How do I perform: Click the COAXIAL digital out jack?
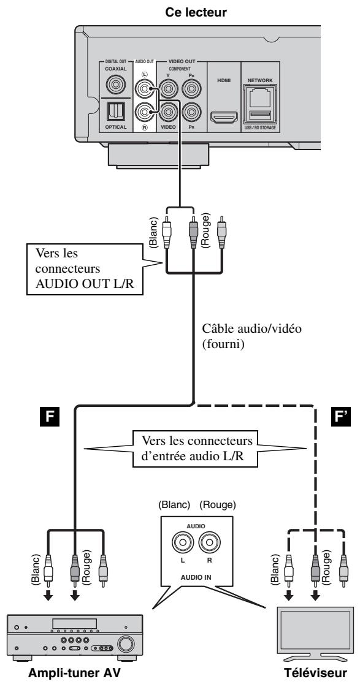coord(115,85)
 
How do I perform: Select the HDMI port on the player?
coord(224,118)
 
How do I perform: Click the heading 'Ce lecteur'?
coord(196,12)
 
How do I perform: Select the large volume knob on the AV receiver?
coord(126,643)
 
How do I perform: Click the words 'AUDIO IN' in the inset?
coord(196,577)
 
